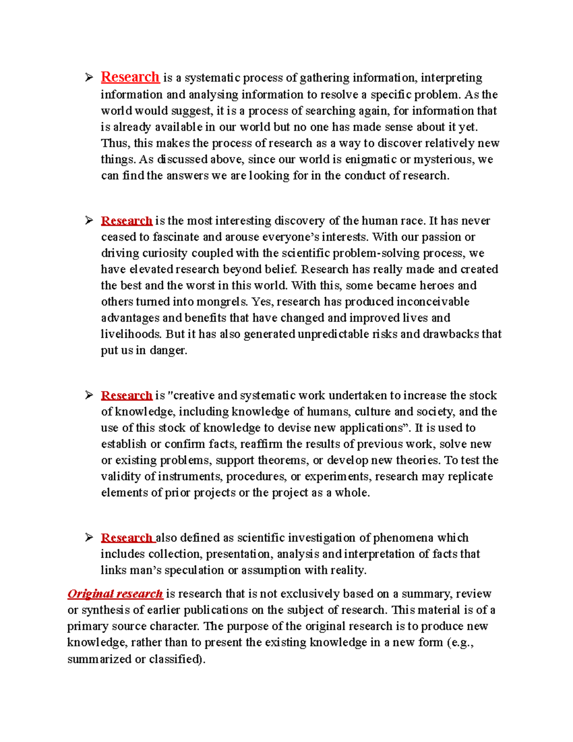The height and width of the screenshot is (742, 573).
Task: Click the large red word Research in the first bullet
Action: point(130,77)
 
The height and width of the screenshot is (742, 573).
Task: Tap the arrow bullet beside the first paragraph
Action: point(89,77)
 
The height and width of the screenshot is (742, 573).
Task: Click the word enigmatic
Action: point(371,160)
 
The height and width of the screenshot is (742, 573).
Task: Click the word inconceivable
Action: point(433,302)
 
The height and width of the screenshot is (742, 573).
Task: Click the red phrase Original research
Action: point(115,594)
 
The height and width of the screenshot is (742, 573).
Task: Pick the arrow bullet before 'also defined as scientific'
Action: point(89,538)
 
